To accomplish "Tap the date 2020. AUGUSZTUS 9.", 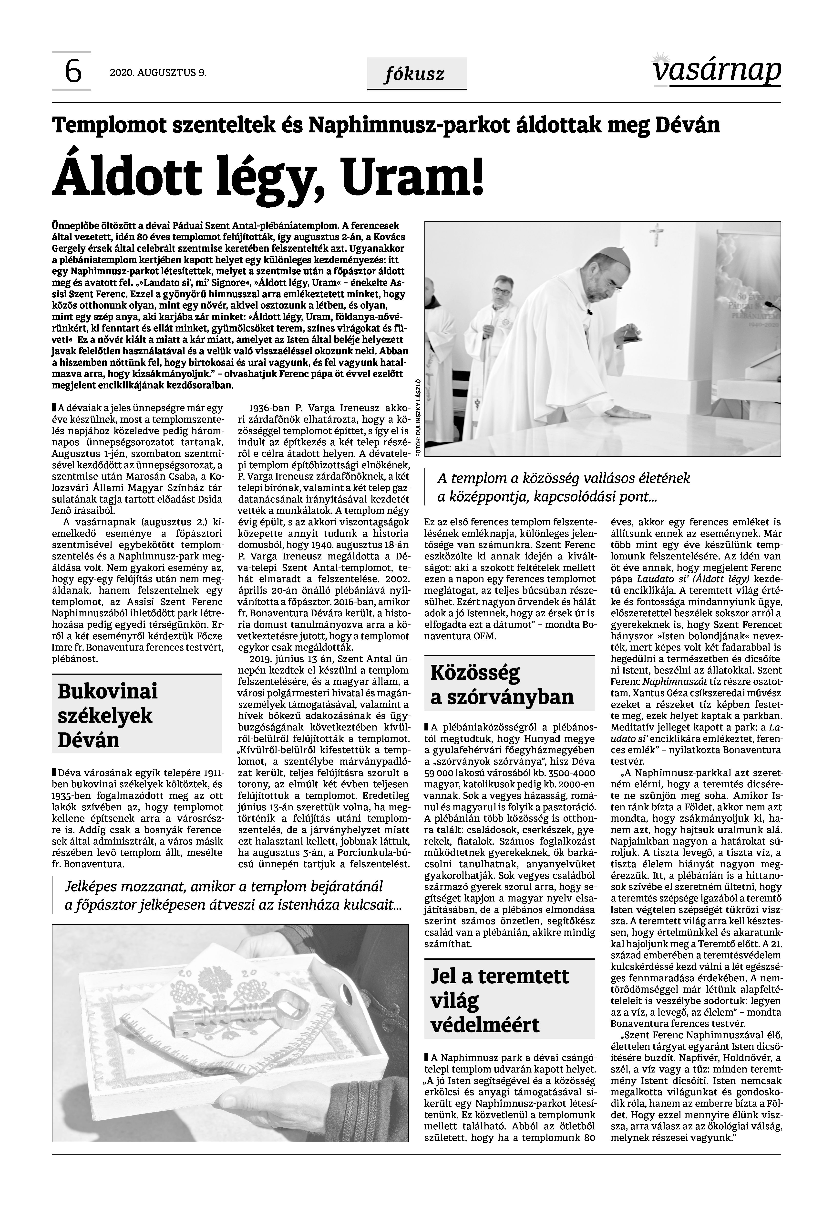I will [158, 73].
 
